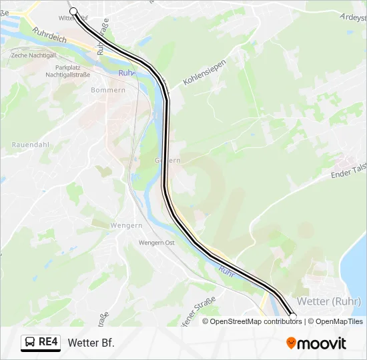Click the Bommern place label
point(108,90)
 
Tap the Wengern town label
point(108,225)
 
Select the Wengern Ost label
point(157,243)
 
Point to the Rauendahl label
point(31,144)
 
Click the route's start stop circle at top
point(73,11)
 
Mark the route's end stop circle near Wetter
point(292,315)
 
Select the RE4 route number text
point(49,343)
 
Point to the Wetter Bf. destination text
point(91,343)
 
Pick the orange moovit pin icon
point(291,343)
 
